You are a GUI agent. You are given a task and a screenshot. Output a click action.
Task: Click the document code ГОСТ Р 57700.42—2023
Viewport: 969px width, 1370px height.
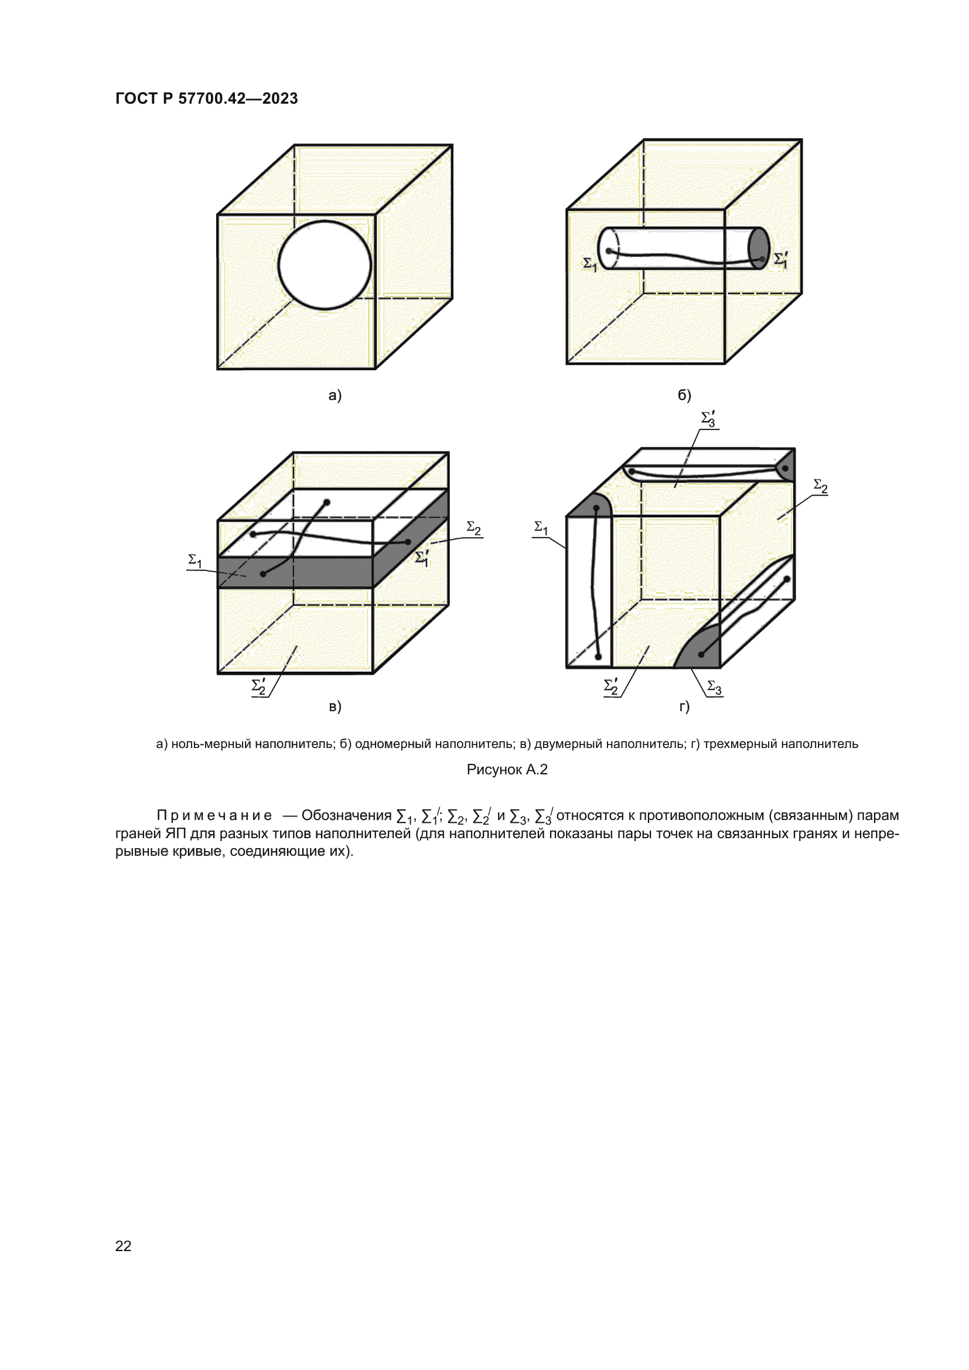click(x=206, y=98)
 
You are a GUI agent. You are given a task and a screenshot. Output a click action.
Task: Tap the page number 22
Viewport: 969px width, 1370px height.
click(x=123, y=1246)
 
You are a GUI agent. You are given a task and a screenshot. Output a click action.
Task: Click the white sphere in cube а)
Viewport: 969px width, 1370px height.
click(x=325, y=265)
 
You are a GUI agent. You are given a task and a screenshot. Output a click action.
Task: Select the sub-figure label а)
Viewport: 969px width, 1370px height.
click(x=335, y=395)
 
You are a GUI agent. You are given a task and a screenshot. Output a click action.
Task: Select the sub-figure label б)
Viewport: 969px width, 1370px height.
click(x=684, y=395)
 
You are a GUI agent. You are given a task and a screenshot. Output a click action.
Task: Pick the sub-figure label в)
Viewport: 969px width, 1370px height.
click(x=335, y=706)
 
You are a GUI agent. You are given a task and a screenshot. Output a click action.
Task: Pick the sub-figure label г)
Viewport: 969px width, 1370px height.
click(x=684, y=706)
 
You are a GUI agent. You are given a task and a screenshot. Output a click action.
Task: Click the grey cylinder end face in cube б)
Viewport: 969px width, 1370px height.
click(x=759, y=248)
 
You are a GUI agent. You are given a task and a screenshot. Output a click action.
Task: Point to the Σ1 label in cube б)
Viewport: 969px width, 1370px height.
click(x=589, y=264)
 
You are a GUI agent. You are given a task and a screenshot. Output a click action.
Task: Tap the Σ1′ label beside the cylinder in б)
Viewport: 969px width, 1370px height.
click(x=781, y=259)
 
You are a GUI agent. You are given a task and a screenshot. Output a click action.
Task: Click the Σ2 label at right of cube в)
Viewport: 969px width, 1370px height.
click(x=474, y=528)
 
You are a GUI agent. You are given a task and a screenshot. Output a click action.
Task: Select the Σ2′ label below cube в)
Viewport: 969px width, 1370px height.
click(x=259, y=686)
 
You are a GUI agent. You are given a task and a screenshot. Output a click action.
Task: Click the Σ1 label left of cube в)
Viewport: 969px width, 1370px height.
click(x=195, y=561)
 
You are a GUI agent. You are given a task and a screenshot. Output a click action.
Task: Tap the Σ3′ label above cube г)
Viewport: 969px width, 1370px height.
click(x=708, y=419)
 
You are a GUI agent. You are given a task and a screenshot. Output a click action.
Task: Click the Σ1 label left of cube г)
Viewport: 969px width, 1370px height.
click(x=541, y=528)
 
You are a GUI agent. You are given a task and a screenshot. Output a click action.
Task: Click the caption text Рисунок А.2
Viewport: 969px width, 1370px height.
click(x=507, y=770)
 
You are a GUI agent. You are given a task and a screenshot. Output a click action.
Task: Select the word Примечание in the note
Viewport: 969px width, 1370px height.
click(x=214, y=815)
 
